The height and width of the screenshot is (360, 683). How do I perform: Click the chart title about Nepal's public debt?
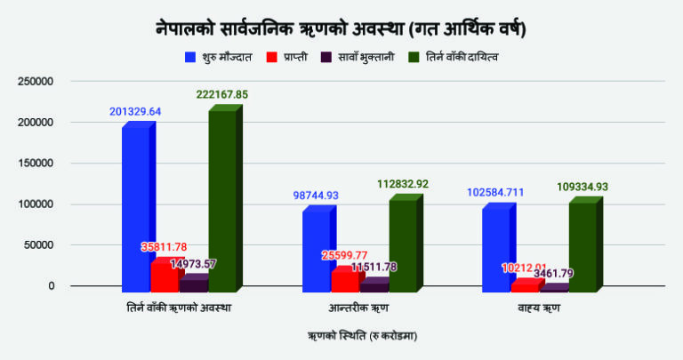click(341, 28)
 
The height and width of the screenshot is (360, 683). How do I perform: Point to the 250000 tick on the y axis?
click(36, 82)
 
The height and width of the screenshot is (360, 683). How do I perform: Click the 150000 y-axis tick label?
click(36, 164)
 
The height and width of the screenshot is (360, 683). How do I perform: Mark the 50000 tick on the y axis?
click(40, 245)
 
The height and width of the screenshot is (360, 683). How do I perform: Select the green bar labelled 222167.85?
click(222, 199)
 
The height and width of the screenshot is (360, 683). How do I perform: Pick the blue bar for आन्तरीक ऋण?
click(316, 250)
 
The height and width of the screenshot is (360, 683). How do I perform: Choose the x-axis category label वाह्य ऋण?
click(540, 307)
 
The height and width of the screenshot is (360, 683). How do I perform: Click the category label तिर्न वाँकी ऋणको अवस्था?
click(181, 307)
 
